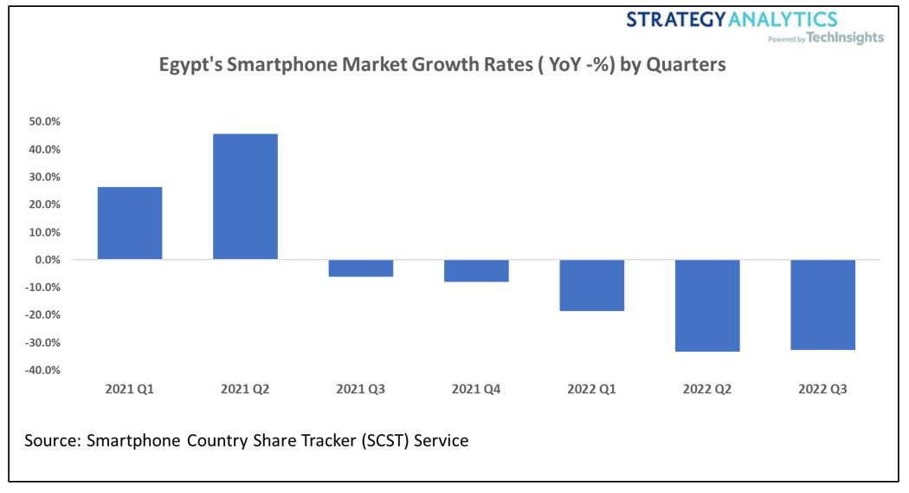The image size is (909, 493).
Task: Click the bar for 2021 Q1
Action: pyautogui.click(x=130, y=224)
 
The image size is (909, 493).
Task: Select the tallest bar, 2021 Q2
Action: pyautogui.click(x=245, y=197)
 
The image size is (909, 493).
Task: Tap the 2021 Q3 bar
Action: pyautogui.click(x=361, y=269)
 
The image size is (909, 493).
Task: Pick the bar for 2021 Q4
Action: pyautogui.click(x=476, y=271)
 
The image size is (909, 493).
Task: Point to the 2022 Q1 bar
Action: pyautogui.click(x=592, y=285)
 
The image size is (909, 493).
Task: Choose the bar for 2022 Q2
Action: pyautogui.click(x=707, y=305)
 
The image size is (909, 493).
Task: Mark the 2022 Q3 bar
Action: pyautogui.click(x=823, y=304)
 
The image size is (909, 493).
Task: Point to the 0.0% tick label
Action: pyautogui.click(x=46, y=260)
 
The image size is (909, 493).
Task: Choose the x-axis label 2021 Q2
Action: pyautogui.click(x=245, y=390)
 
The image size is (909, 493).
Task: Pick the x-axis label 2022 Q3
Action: pyautogui.click(x=823, y=390)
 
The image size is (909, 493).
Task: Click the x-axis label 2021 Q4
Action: pyautogui.click(x=476, y=390)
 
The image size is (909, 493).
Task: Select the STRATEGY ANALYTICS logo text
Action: pyautogui.click(x=732, y=19)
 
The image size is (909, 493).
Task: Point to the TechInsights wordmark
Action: pyautogui.click(x=845, y=37)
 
